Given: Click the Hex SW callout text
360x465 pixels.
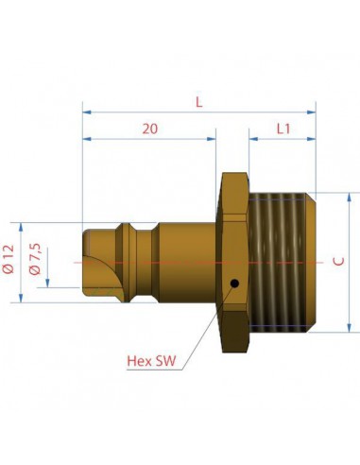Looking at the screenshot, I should [153, 361].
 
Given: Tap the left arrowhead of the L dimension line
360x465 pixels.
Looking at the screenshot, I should [87, 112].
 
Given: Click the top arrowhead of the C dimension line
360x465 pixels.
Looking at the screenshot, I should [350, 196].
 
